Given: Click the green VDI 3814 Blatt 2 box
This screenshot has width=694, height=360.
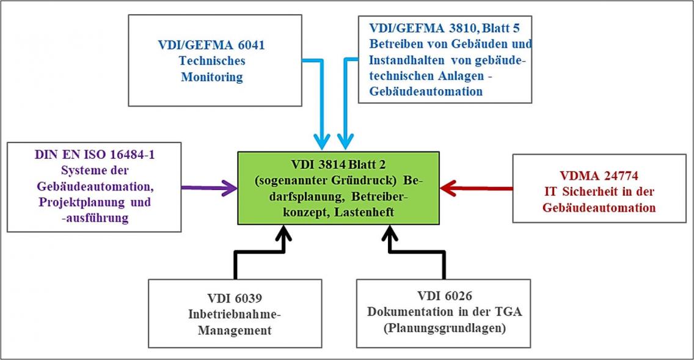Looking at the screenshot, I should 338,188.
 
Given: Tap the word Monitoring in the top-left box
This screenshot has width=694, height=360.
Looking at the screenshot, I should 211,77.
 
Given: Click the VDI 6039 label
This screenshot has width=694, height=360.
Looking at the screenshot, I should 235,299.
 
